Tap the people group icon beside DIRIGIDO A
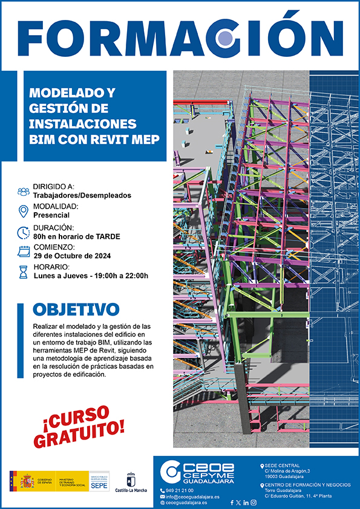[x=24, y=191]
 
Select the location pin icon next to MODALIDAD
[x=24, y=211]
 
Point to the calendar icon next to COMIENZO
[x=24, y=251]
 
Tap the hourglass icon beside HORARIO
[x=24, y=271]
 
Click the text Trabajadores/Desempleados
[x=82, y=195]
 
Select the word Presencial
[x=51, y=215]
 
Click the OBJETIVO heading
[x=76, y=310]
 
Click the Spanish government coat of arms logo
[x=27, y=482]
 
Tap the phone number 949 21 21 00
[x=180, y=490]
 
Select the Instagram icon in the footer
[x=253, y=502]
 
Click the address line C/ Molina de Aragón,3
[x=287, y=471]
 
